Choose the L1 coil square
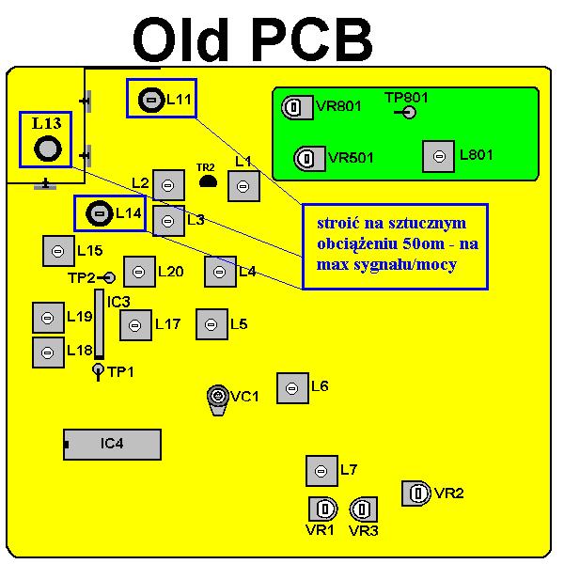pyautogui.click(x=243, y=186)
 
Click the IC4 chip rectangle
pyautogui.click(x=112, y=444)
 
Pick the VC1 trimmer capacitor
pyautogui.click(x=218, y=396)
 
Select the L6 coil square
pyautogui.click(x=292, y=387)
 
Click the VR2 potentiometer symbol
pyautogui.click(x=416, y=492)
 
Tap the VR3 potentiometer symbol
pyautogui.click(x=363, y=509)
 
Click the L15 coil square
pyautogui.click(x=58, y=251)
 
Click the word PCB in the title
pyautogui.click(x=312, y=41)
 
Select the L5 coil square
pyautogui.click(x=211, y=324)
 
